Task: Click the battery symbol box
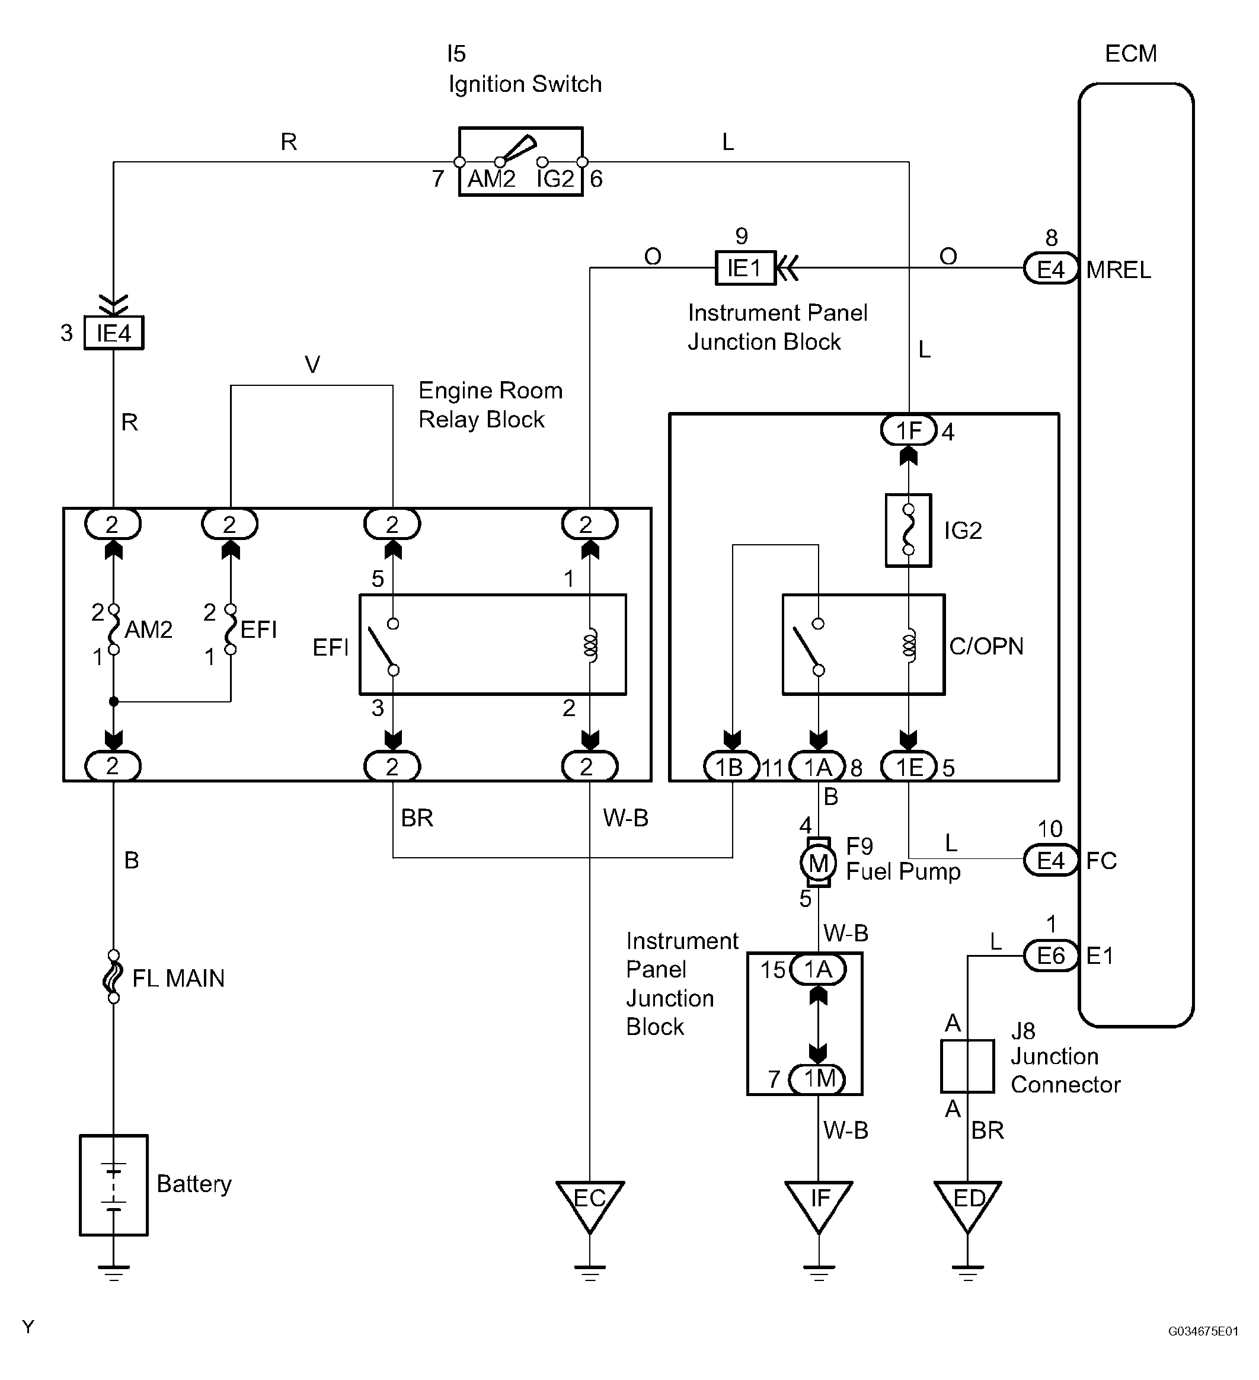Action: [114, 1185]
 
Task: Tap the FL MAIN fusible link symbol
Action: [113, 977]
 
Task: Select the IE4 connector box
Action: [114, 333]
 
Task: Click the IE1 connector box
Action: [745, 268]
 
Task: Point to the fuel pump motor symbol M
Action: [818, 862]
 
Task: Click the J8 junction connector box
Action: [967, 1066]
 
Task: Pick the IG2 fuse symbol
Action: [909, 531]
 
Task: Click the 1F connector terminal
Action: [909, 430]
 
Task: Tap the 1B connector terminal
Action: [731, 766]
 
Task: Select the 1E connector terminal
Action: [909, 766]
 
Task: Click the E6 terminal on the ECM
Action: [1051, 956]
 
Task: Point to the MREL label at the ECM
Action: [1118, 270]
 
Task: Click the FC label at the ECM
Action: [1101, 861]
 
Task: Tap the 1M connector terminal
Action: [818, 1079]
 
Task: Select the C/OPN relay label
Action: [986, 646]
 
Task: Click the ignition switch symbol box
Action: [520, 162]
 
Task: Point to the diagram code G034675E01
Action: [1203, 1331]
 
